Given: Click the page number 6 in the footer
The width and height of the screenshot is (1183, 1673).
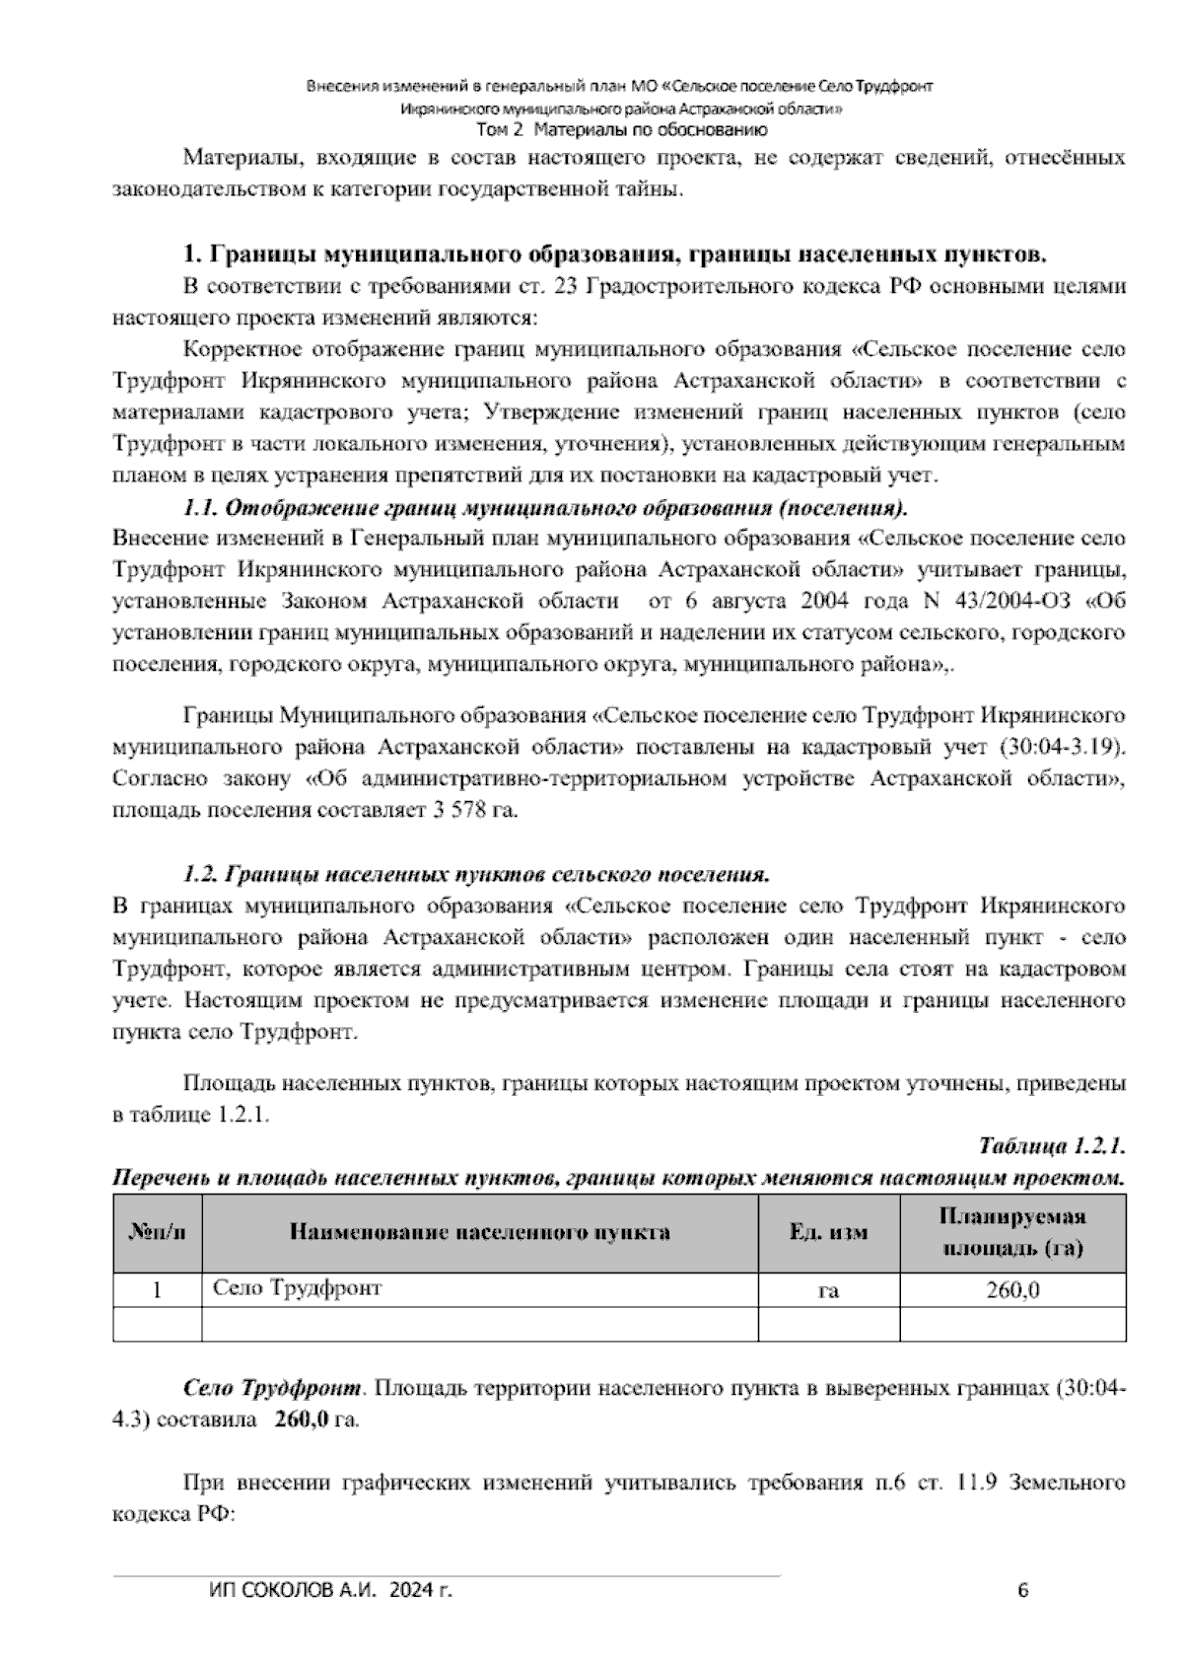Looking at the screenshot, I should (x=1022, y=1590).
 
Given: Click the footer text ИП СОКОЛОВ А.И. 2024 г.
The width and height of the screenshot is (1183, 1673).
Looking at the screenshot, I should (x=331, y=1590).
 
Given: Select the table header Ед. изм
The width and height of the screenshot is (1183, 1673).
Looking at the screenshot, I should (x=828, y=1232).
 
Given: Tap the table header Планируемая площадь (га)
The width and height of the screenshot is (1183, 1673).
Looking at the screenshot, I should (x=1012, y=1232).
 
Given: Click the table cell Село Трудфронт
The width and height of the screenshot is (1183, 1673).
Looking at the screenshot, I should (x=297, y=1287).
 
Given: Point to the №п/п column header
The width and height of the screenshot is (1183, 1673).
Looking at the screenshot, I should (x=157, y=1232).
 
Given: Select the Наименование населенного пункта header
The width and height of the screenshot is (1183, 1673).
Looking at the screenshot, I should (x=479, y=1232).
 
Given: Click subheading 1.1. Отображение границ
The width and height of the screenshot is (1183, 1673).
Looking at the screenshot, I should (x=544, y=509).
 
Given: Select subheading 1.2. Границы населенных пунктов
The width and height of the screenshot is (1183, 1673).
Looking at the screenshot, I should (x=475, y=874).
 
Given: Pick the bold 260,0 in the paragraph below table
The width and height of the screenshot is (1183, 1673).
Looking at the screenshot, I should (x=301, y=1420).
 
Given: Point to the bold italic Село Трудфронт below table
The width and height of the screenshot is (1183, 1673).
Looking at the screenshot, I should (x=273, y=1389).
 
